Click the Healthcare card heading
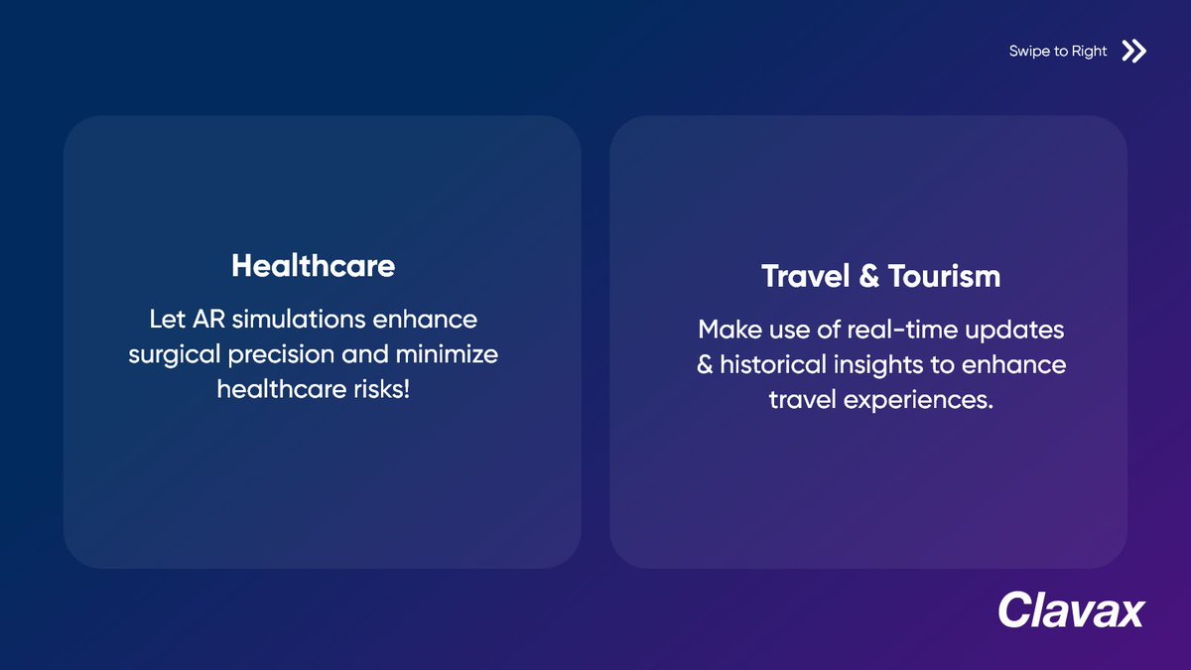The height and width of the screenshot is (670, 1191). click(313, 266)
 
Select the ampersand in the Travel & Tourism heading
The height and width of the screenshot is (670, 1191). click(868, 276)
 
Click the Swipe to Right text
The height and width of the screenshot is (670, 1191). click(1057, 52)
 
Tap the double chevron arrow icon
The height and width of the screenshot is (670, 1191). click(1133, 52)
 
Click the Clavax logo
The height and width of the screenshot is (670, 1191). click(1071, 609)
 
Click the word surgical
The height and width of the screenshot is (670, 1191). click(168, 354)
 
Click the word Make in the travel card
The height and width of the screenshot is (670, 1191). click(729, 329)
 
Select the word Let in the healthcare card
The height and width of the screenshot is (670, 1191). click(166, 320)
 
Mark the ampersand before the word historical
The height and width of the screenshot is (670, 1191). click(705, 364)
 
